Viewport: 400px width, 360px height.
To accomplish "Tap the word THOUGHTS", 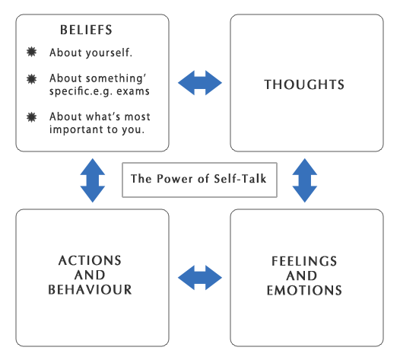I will click(x=304, y=84).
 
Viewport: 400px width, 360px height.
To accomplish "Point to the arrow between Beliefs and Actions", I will click(x=92, y=180).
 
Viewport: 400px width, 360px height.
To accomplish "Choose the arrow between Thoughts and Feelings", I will click(x=304, y=180).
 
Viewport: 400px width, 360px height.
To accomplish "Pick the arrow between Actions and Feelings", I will click(x=199, y=276).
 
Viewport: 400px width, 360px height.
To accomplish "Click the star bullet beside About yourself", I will click(x=32, y=53).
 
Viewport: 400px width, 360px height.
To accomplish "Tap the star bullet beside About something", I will click(x=32, y=78).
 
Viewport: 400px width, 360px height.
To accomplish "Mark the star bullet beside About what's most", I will click(x=32, y=116).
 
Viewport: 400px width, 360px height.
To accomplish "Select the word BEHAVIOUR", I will click(x=90, y=290).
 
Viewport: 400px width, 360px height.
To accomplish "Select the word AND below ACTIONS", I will click(x=90, y=276).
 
